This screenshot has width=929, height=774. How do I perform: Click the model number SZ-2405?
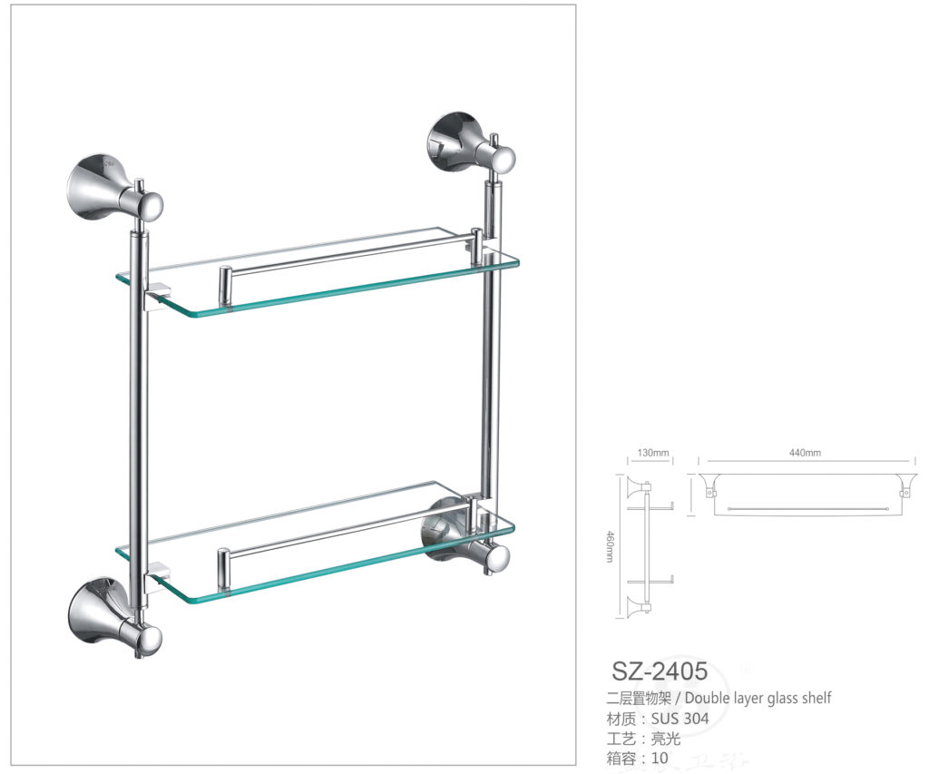point(659,671)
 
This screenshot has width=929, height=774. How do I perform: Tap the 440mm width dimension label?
point(805,453)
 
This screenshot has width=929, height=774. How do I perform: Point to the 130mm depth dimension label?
point(652,453)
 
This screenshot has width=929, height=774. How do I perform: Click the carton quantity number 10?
point(660,758)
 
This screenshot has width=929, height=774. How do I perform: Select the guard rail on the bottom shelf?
point(345,536)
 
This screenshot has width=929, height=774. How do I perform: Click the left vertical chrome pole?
point(139,408)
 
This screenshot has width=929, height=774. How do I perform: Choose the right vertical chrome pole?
point(490,363)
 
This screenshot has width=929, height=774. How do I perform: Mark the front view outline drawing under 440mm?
point(805,494)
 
